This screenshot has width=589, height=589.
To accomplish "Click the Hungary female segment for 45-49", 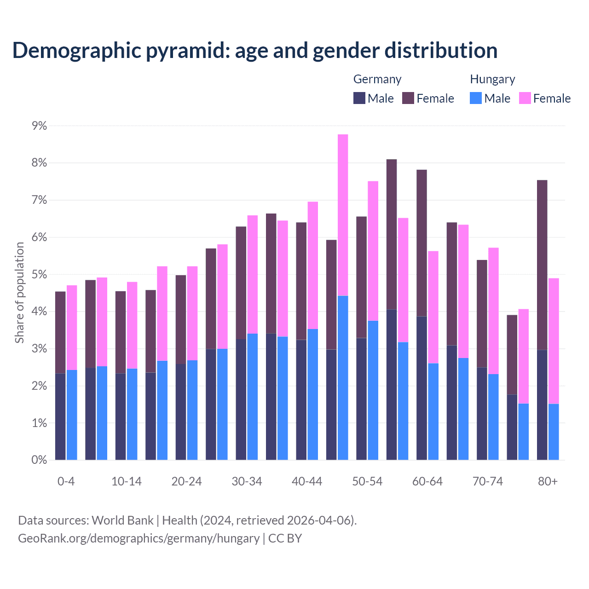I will point(343,215).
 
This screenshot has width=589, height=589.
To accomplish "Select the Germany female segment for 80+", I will point(542,265).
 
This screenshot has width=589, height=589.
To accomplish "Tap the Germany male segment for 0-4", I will point(60,416).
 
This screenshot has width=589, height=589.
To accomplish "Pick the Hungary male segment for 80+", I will point(554,432).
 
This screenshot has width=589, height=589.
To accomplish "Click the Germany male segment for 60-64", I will point(422,388).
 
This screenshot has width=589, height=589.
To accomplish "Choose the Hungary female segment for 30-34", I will point(253,274).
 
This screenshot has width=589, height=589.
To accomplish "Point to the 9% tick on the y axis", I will point(39,126).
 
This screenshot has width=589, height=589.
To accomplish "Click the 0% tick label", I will point(39,460).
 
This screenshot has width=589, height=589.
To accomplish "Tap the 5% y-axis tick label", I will point(39,275).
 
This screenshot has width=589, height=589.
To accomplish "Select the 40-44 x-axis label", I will point(307,482).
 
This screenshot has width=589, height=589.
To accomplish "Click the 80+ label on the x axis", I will point(548,482).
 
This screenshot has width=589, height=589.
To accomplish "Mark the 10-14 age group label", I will point(127,482).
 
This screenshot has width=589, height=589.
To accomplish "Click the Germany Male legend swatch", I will point(359,98).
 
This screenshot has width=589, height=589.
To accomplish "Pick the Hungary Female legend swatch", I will point(525,98).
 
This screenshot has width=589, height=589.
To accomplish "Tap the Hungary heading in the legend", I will point(492,79).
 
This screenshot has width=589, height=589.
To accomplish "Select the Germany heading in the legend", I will point(377,79).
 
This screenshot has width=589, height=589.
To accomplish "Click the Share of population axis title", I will point(20,293).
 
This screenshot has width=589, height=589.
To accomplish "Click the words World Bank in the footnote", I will point(122,520).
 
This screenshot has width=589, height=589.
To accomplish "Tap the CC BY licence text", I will point(285,538).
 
